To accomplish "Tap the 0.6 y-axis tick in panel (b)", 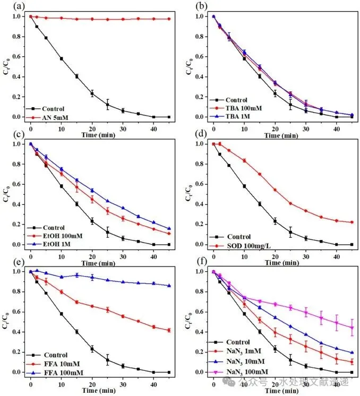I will (202, 56).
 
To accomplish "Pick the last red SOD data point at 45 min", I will (352, 222).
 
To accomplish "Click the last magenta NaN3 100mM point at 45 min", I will (352, 328).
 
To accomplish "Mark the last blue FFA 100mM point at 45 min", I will (168, 286).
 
